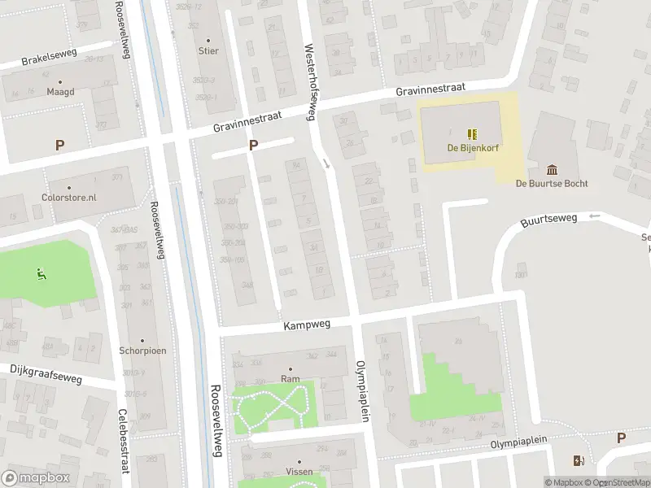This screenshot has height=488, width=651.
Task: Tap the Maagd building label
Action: pyautogui.click(x=60, y=92)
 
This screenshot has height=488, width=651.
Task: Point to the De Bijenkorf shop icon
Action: pyautogui.click(x=471, y=134)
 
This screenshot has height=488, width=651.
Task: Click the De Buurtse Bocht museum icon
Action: pyautogui.click(x=553, y=169)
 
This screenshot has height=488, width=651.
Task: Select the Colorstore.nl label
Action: pyautogui.click(x=69, y=197)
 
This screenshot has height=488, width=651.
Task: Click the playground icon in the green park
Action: pyautogui.click(x=41, y=273)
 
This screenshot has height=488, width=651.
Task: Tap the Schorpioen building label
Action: pyautogui.click(x=142, y=352)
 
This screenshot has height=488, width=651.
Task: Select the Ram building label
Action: pyautogui.click(x=290, y=378)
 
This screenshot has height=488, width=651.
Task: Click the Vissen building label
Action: pyautogui.click(x=299, y=472)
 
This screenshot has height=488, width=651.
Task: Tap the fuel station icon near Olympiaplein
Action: pyautogui.click(x=579, y=461)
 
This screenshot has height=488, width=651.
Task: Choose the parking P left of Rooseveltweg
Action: pyautogui.click(x=59, y=146)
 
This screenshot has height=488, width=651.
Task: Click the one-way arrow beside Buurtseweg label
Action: pyautogui.click(x=594, y=216)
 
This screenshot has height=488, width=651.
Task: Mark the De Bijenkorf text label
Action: pyautogui.click(x=471, y=148)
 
